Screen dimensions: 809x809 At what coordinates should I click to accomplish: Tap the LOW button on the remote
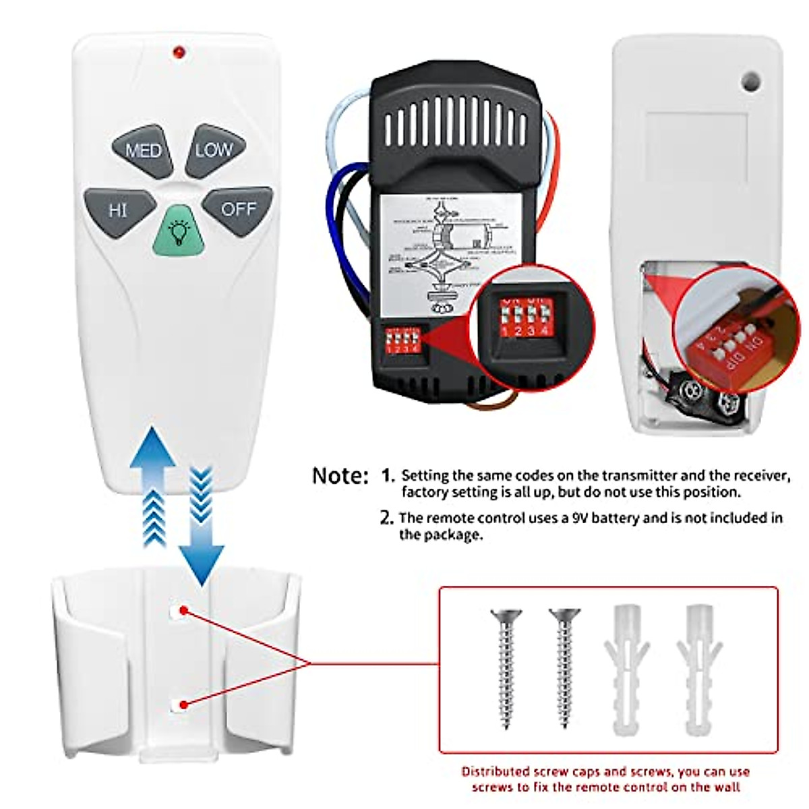point(214,150)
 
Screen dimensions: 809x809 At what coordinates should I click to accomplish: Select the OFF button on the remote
point(239,210)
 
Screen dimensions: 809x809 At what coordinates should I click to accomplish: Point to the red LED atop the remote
point(179,52)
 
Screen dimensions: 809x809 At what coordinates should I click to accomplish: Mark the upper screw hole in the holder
point(179,611)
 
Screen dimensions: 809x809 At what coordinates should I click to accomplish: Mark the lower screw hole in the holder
point(179,705)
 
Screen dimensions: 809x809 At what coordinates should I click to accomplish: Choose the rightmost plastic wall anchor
point(699,667)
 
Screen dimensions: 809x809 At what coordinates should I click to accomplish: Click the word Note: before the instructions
point(340,476)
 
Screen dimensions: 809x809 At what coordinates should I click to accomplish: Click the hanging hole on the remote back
point(750,82)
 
